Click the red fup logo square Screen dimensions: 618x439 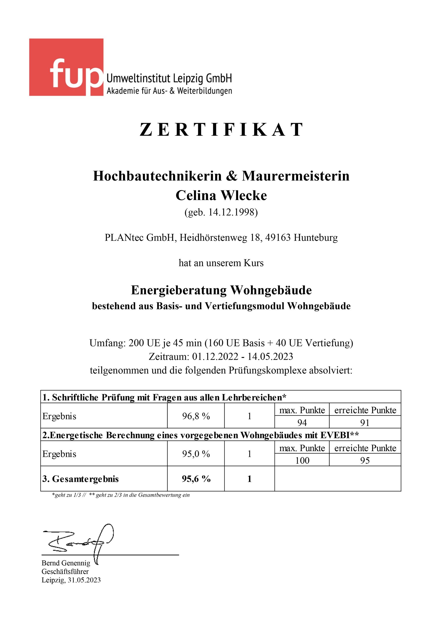click(x=66, y=67)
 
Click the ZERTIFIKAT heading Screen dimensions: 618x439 click(x=221, y=129)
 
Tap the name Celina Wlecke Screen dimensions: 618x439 click(x=221, y=195)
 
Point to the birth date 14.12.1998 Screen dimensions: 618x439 click(x=233, y=212)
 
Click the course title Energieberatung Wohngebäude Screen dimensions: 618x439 click(x=221, y=290)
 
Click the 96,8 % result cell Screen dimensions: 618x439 click(x=196, y=416)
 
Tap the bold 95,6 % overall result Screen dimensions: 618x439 click(x=196, y=479)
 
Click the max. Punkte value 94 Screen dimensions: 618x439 click(x=302, y=422)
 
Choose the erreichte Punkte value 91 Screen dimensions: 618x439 click(x=365, y=422)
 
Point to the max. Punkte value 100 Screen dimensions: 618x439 click(x=302, y=460)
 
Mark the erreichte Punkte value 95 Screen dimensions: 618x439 click(x=365, y=460)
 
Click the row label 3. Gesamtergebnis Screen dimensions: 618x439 click(x=80, y=479)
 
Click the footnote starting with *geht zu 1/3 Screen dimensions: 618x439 click(x=120, y=495)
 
